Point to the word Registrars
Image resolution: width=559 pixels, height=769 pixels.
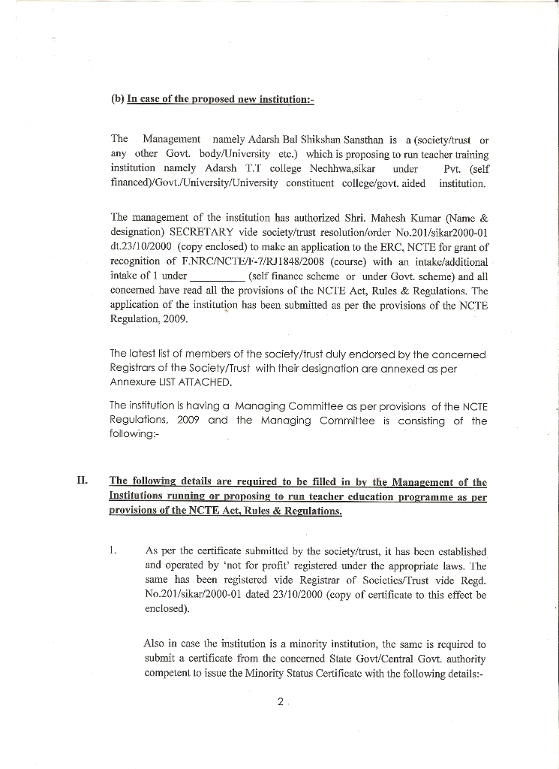click(137, 368)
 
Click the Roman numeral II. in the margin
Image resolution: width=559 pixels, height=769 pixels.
click(83, 481)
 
